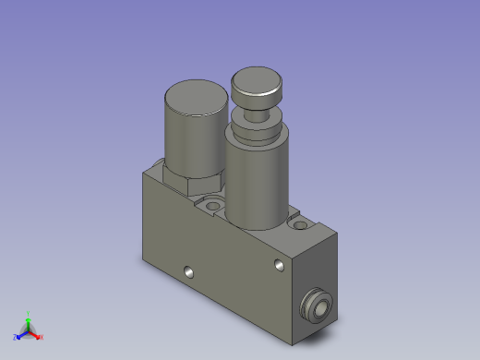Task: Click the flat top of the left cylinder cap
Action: tap(195, 96)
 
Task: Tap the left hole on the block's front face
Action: tap(188, 272)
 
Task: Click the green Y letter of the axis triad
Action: tap(29, 314)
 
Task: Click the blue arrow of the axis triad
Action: tap(22, 334)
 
